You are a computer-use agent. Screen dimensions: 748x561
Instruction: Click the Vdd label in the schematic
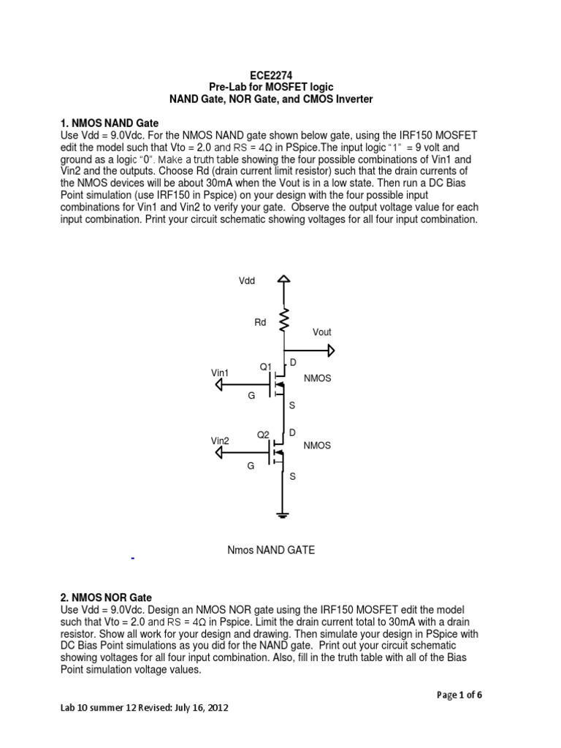247,281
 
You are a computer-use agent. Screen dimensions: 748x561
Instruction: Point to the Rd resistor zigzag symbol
284,320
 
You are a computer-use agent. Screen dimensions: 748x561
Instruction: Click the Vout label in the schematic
321,332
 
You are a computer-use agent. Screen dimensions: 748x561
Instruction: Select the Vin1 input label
220,373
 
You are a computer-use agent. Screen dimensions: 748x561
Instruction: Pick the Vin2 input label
220,440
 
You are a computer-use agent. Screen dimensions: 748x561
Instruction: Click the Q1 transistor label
266,366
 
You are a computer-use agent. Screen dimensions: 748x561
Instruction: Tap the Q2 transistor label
263,435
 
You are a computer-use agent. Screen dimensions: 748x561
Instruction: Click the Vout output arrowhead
331,351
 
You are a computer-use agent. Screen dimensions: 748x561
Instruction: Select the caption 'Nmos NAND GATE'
272,550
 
